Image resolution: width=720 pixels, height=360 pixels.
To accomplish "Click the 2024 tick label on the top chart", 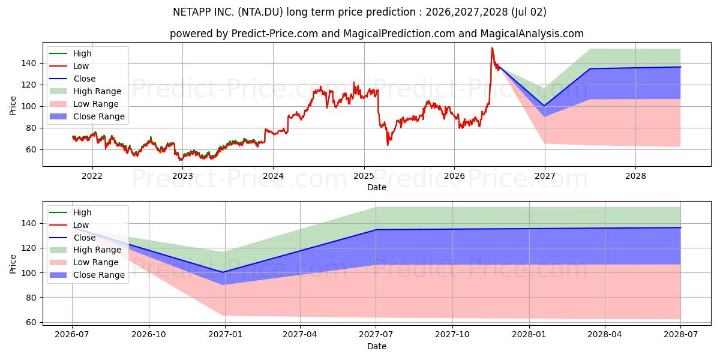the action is pyautogui.click(x=273, y=176).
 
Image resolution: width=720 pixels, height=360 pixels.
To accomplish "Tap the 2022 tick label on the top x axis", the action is pyautogui.click(x=92, y=176).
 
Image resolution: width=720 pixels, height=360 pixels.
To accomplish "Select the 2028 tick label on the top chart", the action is pyautogui.click(x=635, y=176).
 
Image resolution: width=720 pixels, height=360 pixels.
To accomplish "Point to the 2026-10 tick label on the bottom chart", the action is pyautogui.click(x=149, y=335).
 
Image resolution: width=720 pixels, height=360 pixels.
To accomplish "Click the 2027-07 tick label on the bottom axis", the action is pyautogui.click(x=376, y=335).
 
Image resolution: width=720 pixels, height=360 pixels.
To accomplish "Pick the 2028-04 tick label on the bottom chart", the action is pyautogui.click(x=605, y=335).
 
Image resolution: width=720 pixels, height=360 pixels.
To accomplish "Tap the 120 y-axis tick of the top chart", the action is pyautogui.click(x=29, y=85).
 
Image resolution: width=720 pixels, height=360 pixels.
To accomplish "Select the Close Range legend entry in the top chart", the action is pyautogui.click(x=87, y=116).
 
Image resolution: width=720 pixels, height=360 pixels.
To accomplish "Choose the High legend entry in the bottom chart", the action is pyautogui.click(x=70, y=212).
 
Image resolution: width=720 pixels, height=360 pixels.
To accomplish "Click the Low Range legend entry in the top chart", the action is pyautogui.click(x=84, y=104).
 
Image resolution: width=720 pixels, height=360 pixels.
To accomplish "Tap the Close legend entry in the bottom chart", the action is pyautogui.click(x=73, y=238).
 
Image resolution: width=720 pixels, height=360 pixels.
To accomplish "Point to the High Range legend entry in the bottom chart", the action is pyautogui.click(x=85, y=250).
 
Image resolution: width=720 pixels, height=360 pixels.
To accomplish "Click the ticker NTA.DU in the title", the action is pyautogui.click(x=260, y=12).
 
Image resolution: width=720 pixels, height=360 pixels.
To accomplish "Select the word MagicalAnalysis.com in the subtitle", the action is pyautogui.click(x=532, y=34).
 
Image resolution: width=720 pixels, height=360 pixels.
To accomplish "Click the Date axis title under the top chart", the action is pyautogui.click(x=377, y=187).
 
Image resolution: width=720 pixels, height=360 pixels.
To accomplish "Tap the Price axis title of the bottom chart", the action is pyautogui.click(x=13, y=264).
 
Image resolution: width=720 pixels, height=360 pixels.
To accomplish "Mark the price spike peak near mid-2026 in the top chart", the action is pyautogui.click(x=492, y=48).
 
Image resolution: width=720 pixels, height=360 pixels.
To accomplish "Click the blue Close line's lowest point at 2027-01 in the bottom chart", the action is pyautogui.click(x=223, y=272).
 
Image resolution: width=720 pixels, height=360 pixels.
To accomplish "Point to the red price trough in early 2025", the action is pyautogui.click(x=388, y=145).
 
